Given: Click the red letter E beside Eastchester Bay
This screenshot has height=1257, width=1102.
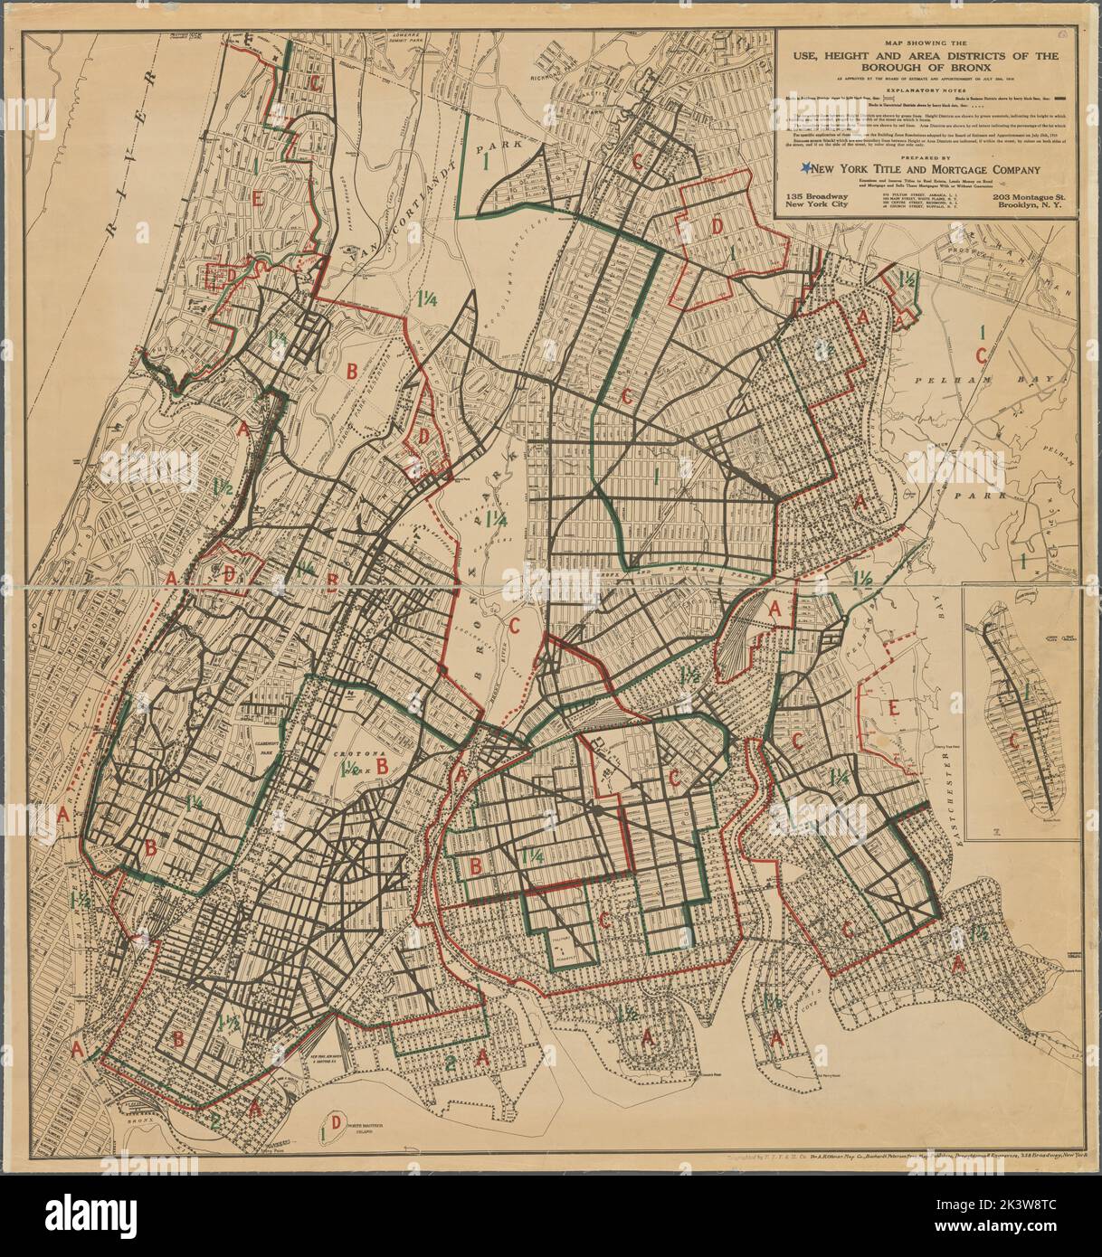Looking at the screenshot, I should [893, 708].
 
